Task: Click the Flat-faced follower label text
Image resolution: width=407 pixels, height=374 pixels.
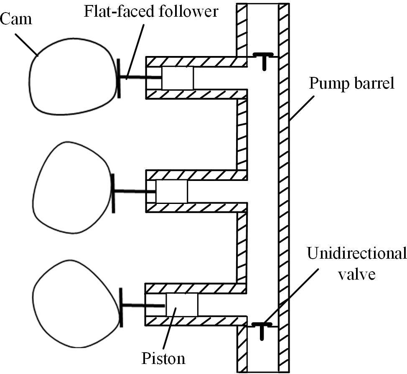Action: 151,12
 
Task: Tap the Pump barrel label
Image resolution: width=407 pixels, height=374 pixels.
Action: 351,84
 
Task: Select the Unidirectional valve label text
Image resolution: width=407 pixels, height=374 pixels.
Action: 356,262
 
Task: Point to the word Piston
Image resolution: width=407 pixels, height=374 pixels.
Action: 163,359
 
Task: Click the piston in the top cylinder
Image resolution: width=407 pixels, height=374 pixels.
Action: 178,78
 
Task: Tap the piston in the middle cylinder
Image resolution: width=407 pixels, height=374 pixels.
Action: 172,191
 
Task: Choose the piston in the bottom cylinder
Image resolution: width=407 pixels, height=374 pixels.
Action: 182,305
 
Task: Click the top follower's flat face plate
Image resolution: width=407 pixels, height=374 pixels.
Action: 119,78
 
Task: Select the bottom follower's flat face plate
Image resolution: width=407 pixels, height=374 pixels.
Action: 121,307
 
